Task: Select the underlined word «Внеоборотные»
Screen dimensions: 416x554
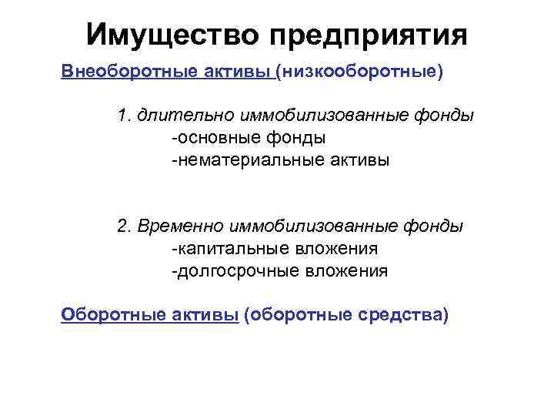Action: click(119, 72)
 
